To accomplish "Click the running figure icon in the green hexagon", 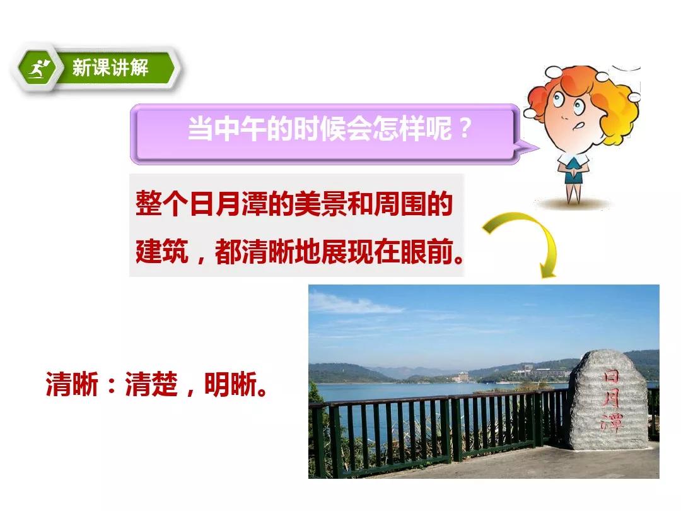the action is (x=38, y=69).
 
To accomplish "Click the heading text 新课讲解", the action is (x=110, y=68).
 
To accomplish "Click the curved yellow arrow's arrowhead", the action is (x=547, y=269).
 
